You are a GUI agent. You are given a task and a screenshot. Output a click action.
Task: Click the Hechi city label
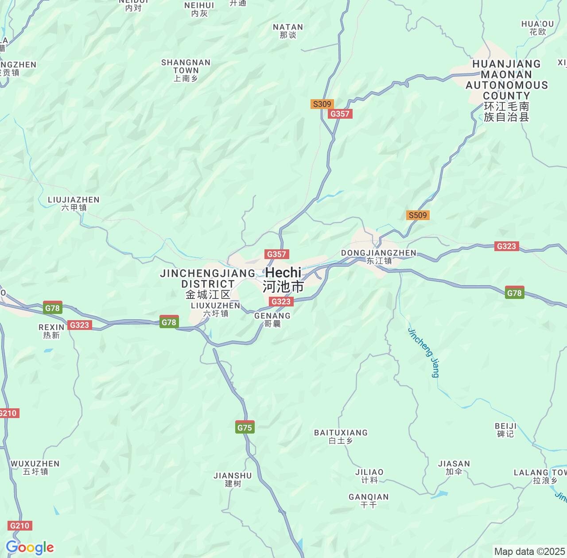283,279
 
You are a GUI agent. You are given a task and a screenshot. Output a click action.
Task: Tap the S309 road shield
322,104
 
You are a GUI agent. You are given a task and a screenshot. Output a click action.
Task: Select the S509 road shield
418,215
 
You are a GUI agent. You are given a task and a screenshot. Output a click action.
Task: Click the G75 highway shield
245,427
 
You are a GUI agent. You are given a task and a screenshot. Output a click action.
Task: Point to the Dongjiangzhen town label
379,256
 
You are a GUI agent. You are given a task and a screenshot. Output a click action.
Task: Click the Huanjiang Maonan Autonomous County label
507,90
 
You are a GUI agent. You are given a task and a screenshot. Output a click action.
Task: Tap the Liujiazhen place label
74,203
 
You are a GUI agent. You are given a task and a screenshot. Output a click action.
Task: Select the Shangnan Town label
186,70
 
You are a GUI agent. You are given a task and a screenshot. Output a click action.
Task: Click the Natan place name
288,31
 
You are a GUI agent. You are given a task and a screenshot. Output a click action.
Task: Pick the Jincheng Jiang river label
423,353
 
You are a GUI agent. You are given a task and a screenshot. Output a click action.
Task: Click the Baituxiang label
341,436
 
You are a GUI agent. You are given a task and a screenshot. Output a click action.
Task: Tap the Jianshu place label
233,479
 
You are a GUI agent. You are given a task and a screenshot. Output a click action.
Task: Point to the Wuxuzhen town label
35,467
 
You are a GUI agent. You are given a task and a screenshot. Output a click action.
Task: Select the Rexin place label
51,331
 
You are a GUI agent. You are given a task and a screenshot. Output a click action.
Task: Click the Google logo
30,547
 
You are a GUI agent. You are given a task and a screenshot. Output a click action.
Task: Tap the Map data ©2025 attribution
529,551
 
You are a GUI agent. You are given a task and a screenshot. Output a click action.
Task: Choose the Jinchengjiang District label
208,283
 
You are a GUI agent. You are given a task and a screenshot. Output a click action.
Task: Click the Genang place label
272,319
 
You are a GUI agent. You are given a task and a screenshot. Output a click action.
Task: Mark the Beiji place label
505,430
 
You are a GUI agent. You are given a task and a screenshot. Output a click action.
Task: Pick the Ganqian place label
369,500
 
